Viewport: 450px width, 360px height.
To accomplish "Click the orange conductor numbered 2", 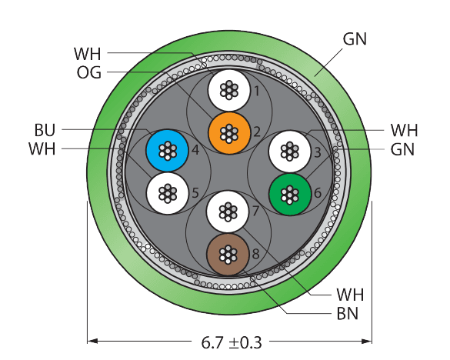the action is tap(229, 133).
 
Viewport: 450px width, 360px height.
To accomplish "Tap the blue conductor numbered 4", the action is tap(167, 151).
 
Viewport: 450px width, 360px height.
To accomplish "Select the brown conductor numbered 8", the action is tap(228, 255).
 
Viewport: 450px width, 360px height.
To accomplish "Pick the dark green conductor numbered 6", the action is tap(290, 195).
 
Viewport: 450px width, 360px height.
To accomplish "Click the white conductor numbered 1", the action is tap(229, 90).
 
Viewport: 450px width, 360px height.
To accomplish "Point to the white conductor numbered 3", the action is tap(290, 152).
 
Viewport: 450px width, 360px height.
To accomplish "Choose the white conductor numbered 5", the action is tap(168, 193).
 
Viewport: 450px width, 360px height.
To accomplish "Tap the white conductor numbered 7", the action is tap(228, 212).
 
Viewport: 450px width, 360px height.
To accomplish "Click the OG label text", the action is tap(89, 72).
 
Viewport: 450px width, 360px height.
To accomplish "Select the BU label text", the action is tap(45, 130).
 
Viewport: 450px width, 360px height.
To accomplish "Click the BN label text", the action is tap(348, 314).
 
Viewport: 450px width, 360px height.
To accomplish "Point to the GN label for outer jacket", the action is tap(355, 39).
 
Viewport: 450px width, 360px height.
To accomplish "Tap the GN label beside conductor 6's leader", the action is tap(402, 149).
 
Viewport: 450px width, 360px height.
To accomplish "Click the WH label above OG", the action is tap(88, 54).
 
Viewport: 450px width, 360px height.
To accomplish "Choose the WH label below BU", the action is tap(42, 149).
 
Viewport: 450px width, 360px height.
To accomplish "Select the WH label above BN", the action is tap(350, 295).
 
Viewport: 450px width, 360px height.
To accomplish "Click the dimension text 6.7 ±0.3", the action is tap(232, 342).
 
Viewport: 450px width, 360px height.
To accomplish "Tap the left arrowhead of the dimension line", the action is tap(92, 341).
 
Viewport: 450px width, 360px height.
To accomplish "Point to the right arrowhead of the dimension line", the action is tap(366, 341).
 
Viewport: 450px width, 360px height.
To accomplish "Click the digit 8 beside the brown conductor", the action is tap(255, 254).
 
